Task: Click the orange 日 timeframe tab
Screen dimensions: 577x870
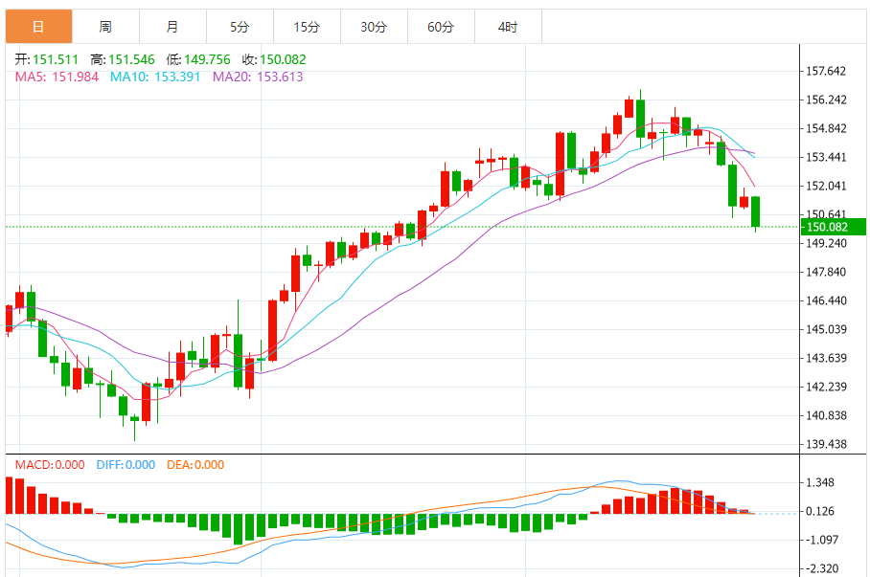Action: [38, 27]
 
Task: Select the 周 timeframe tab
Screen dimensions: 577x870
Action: [105, 27]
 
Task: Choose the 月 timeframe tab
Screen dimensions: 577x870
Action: [172, 27]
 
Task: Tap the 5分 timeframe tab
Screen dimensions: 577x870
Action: [240, 27]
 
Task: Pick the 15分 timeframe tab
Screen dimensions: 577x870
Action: [307, 27]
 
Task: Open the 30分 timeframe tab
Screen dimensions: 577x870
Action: [374, 27]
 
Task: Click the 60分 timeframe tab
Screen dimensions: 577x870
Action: [441, 27]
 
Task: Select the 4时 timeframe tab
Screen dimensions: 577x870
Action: [508, 27]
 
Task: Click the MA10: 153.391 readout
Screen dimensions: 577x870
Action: [155, 77]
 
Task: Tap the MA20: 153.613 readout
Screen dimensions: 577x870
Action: [258, 77]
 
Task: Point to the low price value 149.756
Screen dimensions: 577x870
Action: [203, 59]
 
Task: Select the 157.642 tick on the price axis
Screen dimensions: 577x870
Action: [827, 72]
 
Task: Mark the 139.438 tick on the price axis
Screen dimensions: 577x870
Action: [827, 444]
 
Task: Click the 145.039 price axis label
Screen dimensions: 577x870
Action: [827, 329]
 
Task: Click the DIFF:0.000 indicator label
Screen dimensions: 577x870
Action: [126, 465]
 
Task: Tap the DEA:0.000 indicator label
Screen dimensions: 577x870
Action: [195, 465]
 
